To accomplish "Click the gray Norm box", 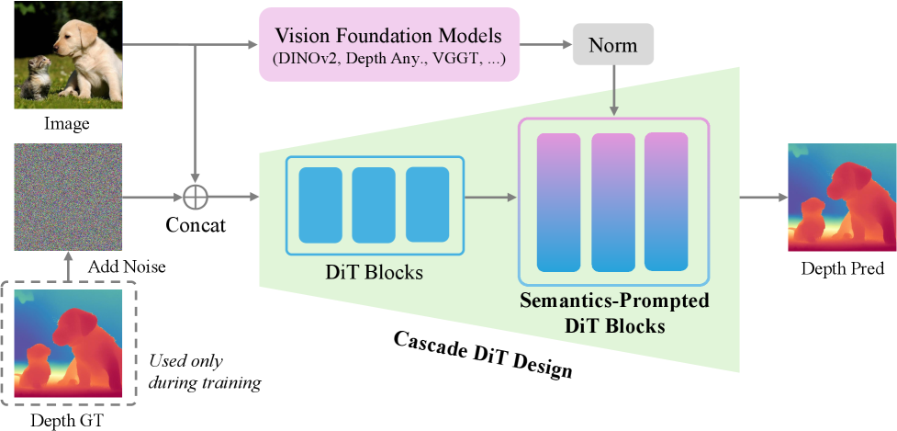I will tap(612, 44).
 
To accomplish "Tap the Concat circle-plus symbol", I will tap(195, 196).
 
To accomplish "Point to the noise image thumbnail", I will tap(68, 197).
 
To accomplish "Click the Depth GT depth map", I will tap(68, 344).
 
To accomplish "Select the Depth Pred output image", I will tap(842, 197).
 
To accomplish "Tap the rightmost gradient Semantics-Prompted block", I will tap(666, 201).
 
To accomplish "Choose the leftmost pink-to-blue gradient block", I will tap(560, 202).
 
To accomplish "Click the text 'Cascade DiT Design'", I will tap(483, 354).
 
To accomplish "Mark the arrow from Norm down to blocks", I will tap(612, 92).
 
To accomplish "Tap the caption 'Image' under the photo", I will tap(68, 123).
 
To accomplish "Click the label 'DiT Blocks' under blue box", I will tap(375, 273).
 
